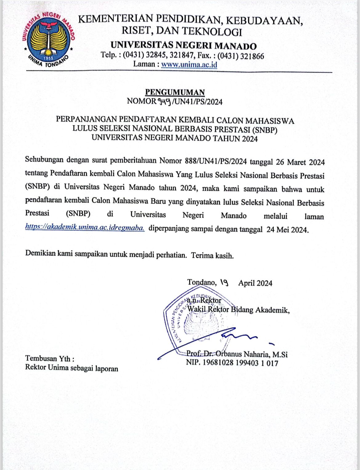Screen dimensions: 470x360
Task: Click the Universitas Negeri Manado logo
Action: pos(48,39)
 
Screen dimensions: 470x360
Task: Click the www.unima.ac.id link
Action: pos(189,65)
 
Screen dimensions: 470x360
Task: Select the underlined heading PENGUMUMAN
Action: pos(175,92)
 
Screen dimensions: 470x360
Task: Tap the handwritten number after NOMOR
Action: pos(165,102)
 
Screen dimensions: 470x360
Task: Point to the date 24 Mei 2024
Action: pos(287,229)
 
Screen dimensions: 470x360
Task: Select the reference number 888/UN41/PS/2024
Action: pos(216,161)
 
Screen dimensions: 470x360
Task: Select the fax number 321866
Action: pos(252,56)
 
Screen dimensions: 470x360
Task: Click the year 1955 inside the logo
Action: pos(48,58)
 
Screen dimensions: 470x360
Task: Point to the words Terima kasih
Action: pos(212,255)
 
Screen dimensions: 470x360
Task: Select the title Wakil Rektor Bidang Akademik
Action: pos(238,309)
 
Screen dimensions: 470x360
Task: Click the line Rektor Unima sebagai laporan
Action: pos(72,368)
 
